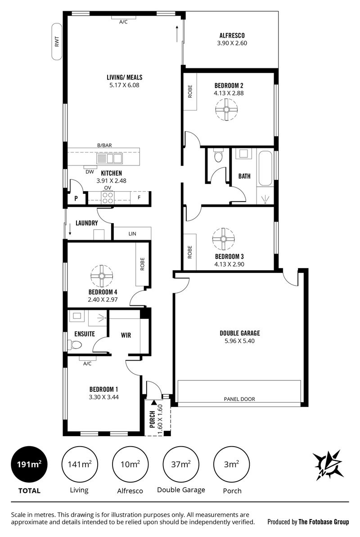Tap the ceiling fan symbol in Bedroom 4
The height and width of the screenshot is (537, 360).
point(102,276)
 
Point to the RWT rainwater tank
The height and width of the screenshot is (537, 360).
point(57,41)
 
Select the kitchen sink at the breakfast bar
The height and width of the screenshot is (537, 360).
point(109,159)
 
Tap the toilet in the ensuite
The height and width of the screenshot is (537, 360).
point(74,345)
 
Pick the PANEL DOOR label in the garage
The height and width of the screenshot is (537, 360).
point(239,399)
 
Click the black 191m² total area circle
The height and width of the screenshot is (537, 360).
point(29,465)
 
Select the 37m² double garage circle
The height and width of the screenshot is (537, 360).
point(181,465)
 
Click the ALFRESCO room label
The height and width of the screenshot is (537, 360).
point(232,35)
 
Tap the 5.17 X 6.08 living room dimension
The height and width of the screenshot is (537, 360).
point(124,85)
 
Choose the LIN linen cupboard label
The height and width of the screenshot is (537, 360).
point(132,233)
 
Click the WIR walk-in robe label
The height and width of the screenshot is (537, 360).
point(126,335)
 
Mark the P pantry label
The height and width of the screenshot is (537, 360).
point(76,198)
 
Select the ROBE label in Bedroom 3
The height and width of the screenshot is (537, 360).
point(190,252)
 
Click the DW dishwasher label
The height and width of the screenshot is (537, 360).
point(90,172)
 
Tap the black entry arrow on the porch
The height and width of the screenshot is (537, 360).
point(154,403)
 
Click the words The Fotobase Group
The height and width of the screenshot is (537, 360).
point(324,522)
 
